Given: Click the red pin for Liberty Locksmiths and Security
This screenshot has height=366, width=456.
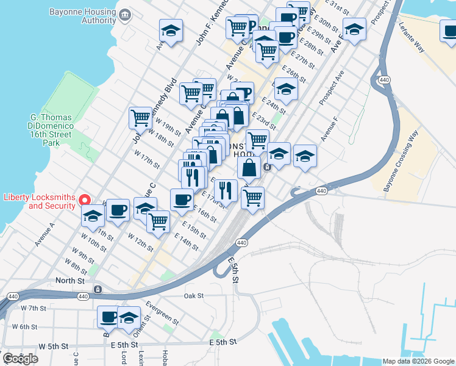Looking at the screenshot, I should coord(86,199).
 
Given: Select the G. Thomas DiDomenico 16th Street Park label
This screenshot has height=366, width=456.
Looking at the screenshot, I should coord(51,130).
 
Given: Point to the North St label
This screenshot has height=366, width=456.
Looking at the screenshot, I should coord(69,281).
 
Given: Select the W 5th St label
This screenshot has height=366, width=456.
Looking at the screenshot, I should coord(53,346).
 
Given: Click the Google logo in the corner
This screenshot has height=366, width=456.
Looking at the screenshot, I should coord(20,358).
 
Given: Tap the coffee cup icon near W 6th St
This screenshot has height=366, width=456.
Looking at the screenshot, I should coord(109,317).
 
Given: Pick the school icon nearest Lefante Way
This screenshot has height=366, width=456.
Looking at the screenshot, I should coord(354,29).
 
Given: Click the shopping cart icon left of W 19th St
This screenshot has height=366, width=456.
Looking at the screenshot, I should coord(140,117).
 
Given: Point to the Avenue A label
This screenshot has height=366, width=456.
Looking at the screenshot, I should coord(45,234).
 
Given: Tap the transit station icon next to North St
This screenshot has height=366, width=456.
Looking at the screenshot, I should coord(98,289).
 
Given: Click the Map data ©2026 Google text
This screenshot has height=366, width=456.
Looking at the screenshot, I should coord(418,361).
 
